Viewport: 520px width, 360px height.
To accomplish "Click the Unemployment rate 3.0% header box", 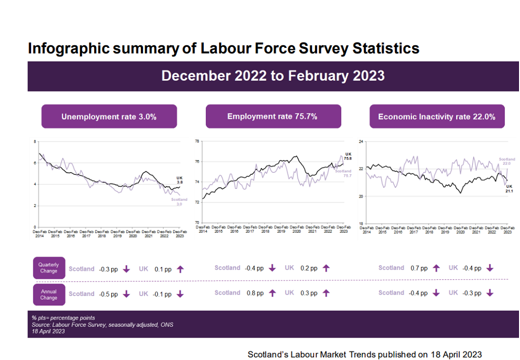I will (109, 117).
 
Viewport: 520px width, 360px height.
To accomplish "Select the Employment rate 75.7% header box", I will (273, 117).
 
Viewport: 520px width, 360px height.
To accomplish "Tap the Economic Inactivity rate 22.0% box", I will (437, 117).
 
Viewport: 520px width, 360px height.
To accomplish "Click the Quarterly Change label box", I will (49, 268).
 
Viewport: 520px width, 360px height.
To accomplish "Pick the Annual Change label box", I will (49, 294).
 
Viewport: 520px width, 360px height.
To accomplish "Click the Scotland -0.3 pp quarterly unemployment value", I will (108, 269).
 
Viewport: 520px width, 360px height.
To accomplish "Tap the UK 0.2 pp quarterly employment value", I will (308, 268).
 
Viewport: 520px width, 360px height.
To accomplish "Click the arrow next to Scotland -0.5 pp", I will (126, 294).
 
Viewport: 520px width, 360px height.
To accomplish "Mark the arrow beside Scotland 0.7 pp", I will (436, 268).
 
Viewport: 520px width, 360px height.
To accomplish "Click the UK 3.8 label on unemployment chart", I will (179, 180).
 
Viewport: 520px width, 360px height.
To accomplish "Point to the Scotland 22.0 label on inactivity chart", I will (506, 161).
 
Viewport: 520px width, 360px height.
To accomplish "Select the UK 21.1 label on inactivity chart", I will (509, 189).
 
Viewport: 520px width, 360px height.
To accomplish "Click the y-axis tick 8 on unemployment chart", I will (35, 142).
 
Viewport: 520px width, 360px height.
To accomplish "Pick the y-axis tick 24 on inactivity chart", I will (361, 141).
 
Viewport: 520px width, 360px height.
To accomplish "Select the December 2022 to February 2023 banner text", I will (272, 76).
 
